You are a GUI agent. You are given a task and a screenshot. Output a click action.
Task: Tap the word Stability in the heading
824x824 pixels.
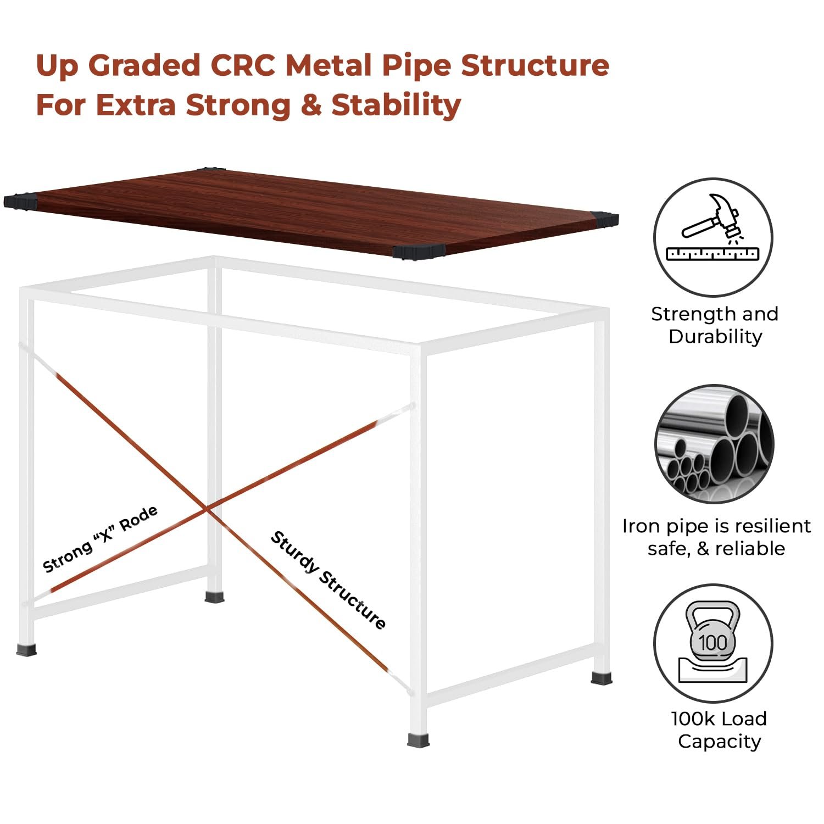coord(396,105)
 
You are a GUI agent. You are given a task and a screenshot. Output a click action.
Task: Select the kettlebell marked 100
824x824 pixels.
coord(712,637)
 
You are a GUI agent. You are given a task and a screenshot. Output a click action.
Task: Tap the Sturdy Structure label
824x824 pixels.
coord(328,580)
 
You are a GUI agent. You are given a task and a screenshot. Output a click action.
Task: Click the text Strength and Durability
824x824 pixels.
coord(715,325)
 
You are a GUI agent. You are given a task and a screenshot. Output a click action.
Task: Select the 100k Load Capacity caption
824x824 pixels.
coord(719,730)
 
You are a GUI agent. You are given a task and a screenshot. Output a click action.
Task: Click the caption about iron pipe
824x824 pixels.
coord(716,537)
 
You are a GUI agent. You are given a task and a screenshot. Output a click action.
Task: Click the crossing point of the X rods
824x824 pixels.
coord(208,510)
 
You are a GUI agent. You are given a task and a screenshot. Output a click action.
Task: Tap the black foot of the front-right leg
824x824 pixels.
coord(418,739)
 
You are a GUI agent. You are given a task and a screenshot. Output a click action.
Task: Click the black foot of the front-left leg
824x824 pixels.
coord(26,650)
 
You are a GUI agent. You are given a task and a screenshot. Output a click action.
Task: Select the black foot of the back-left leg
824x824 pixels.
coord(214,596)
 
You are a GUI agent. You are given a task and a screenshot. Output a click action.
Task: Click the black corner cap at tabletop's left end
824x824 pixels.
coord(19,201)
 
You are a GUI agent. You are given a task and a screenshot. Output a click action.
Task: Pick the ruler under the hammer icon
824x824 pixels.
coord(712,254)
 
